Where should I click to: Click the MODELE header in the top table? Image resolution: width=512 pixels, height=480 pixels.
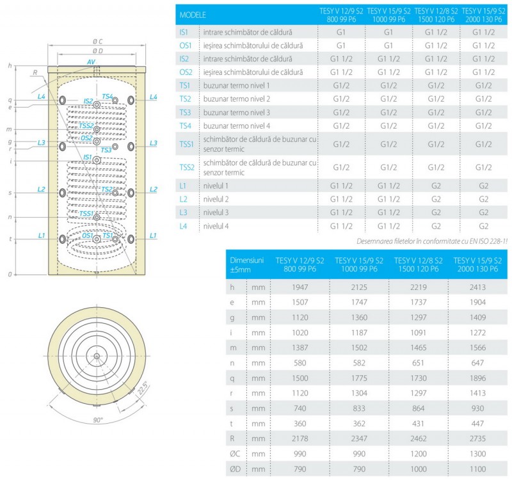tap(193, 14)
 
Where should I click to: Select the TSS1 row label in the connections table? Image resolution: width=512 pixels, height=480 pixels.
tap(188, 145)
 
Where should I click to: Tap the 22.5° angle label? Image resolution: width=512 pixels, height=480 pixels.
tap(141, 388)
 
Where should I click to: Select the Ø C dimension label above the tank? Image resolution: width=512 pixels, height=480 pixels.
tap(97, 41)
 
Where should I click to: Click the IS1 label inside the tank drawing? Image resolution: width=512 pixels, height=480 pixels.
tap(87, 156)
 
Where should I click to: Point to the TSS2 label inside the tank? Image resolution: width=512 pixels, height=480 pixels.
tap(86, 125)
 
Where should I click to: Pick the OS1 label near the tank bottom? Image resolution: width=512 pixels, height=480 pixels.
tap(88, 236)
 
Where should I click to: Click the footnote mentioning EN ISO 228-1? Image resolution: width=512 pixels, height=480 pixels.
tap(433, 241)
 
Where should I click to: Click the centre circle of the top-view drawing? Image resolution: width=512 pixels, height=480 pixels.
tap(95, 356)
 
